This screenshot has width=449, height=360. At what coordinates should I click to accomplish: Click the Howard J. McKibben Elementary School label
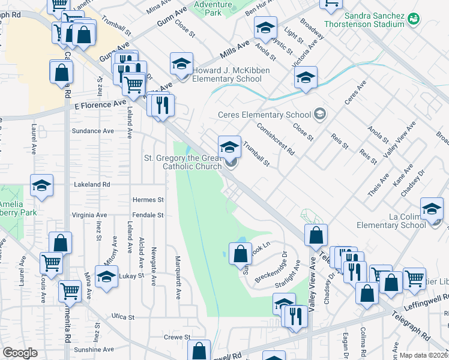click(x=231, y=75)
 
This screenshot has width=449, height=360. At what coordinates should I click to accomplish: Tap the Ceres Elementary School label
click(x=264, y=115)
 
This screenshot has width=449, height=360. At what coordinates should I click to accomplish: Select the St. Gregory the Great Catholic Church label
click(x=182, y=163)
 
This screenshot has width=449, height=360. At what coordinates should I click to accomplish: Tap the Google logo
click(x=20, y=353)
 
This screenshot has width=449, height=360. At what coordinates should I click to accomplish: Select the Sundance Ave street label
click(x=92, y=131)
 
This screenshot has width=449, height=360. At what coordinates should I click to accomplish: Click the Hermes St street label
click(x=148, y=200)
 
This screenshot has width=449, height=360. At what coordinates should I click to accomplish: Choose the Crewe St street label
click(x=178, y=338)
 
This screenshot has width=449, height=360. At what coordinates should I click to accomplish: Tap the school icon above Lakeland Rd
click(x=41, y=185)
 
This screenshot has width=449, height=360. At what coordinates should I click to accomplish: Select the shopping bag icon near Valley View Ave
click(x=316, y=235)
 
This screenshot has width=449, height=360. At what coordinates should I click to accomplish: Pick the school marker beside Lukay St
click(x=107, y=278)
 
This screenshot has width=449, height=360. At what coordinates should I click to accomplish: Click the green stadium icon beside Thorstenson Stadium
click(x=413, y=19)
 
